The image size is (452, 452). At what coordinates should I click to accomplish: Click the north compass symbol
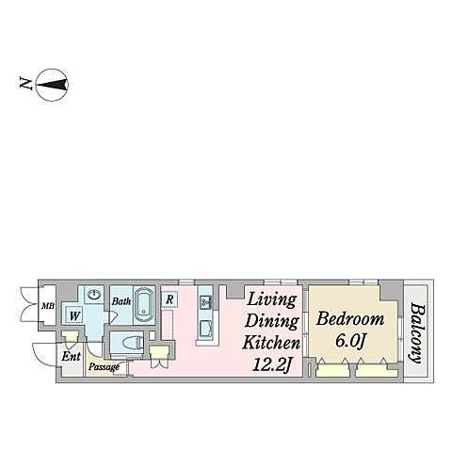(x=52, y=85)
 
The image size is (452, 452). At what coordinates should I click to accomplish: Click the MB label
(x=48, y=305)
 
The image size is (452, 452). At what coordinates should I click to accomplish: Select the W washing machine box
(x=74, y=315)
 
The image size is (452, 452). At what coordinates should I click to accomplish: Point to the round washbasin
(x=94, y=294)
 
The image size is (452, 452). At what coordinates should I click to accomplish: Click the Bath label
(x=121, y=301)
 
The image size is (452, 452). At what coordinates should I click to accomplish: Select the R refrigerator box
(x=169, y=299)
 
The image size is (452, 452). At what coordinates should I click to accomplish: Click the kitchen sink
(x=206, y=302)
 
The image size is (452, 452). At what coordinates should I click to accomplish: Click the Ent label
(x=71, y=356)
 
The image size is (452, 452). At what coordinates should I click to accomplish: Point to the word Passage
(x=104, y=366)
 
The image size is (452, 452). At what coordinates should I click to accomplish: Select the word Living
(x=272, y=299)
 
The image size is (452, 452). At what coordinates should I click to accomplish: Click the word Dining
(x=272, y=321)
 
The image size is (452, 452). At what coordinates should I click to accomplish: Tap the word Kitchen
(x=272, y=343)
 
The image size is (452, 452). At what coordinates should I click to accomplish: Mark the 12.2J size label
(x=272, y=365)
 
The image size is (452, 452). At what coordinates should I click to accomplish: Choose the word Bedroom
(x=350, y=318)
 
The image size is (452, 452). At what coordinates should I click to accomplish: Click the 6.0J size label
(x=350, y=340)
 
